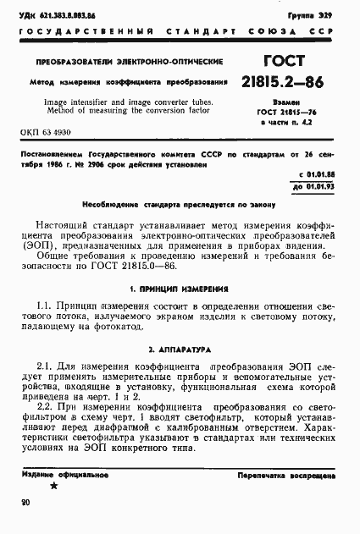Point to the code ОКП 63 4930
pyautogui.click(x=50, y=133)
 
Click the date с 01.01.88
pyautogui.click(x=318, y=175)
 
